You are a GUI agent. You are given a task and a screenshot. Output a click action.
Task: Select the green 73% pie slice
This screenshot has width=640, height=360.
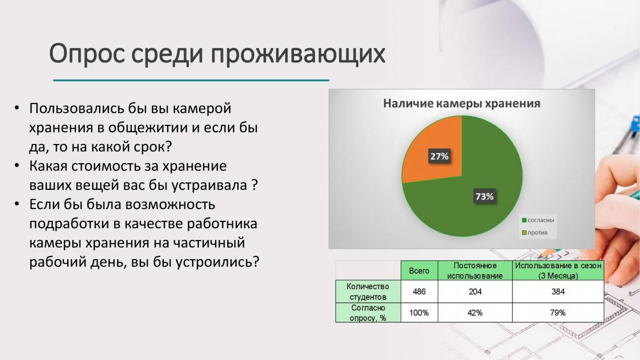point(480,194)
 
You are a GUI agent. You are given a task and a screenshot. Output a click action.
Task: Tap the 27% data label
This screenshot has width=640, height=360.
point(439,156)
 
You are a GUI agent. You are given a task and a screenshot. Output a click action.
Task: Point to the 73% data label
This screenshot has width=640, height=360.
point(485,196)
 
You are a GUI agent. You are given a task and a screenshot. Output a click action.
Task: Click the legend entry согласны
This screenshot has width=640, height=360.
point(538,220)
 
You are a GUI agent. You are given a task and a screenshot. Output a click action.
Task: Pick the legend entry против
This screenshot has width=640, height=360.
point(535,233)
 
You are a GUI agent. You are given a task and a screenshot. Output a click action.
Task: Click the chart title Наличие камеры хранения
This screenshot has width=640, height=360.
point(462,103)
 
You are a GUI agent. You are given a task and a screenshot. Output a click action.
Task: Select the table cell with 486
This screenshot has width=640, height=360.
point(419,291)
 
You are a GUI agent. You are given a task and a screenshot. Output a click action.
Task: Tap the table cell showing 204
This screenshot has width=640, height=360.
point(475,291)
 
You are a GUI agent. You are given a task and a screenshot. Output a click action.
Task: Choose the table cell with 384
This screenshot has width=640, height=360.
point(558,291)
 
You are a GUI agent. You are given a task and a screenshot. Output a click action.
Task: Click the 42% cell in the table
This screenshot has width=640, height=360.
point(475,313)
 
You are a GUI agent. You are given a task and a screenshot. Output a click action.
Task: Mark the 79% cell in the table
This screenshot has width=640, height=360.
point(558,313)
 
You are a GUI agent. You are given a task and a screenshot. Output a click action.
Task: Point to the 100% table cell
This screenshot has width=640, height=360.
point(419,313)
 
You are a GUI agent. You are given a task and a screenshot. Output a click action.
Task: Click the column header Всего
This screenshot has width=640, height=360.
point(419,270)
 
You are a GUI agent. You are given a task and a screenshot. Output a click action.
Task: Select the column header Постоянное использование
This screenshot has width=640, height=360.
point(475,270)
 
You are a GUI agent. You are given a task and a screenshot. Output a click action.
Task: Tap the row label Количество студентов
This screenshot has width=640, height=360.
point(368,291)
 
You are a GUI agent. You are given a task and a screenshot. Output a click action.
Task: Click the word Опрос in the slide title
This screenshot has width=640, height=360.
point(87,54)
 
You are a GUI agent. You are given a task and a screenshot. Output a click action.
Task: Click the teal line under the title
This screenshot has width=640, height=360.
point(191,81)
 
